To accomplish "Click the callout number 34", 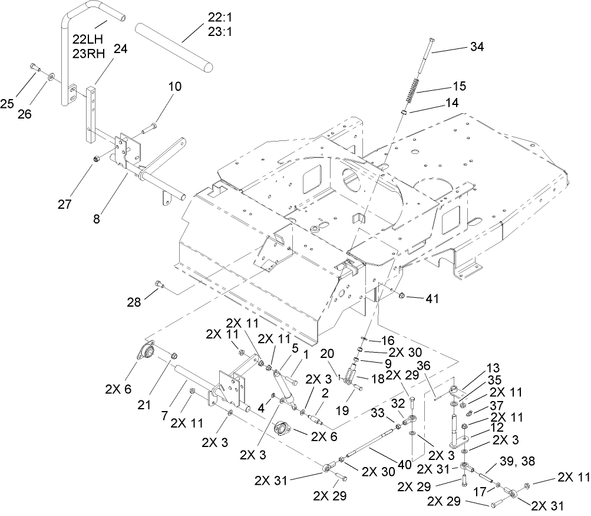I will point(477,47).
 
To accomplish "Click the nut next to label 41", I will point(401,295).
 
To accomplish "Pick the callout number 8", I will point(95,218).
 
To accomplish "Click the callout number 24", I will point(120,50).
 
